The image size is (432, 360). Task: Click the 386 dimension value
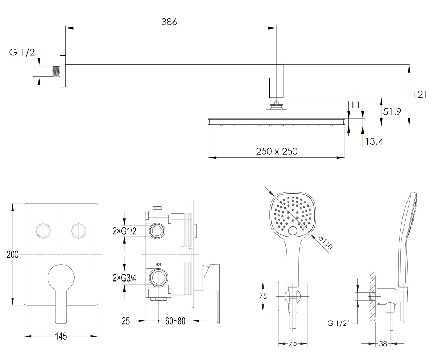pyautogui.click(x=169, y=22)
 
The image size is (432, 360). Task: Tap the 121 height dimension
pyautogui.click(x=420, y=94)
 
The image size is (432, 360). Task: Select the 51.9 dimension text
pyautogui.click(x=392, y=112)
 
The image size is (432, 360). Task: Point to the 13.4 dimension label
pyautogui.click(x=374, y=141)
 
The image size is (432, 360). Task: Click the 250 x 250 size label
pyautogui.click(x=277, y=152)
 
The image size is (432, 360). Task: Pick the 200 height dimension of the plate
pyautogui.click(x=12, y=254)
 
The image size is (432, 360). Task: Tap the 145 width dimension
pyautogui.click(x=61, y=336)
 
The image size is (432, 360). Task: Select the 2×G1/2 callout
pyautogui.click(x=125, y=231)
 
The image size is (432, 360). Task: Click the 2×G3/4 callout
pyautogui.click(x=125, y=278)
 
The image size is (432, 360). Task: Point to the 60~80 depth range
pyautogui.click(x=175, y=321)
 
